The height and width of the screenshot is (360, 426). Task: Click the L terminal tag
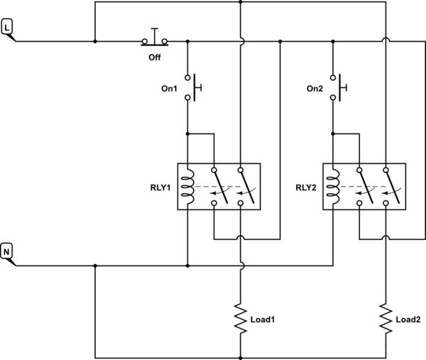coord(8,27)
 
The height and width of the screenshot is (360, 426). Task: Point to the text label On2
coord(314,89)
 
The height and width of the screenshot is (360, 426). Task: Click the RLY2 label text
coord(307,188)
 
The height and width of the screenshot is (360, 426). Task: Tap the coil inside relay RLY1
coord(189,187)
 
